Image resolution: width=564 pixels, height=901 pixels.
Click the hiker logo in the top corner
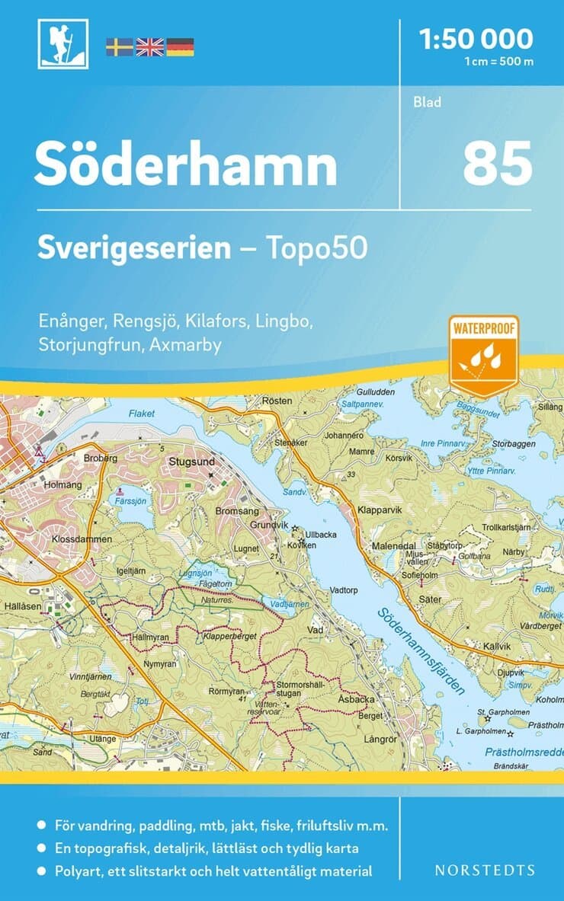coord(62,43)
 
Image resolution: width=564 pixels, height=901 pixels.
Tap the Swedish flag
coord(119,47)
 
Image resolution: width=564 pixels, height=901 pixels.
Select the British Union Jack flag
coord(149,47)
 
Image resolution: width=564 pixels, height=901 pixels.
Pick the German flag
coord(180,47)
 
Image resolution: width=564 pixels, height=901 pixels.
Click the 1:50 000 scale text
coord(476,37)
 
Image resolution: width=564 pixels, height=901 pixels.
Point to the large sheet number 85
coord(497,164)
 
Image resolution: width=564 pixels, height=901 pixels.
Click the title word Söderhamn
coord(185,165)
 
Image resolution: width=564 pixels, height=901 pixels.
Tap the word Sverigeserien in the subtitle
coord(134,248)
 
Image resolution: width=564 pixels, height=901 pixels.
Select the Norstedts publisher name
coord(484,870)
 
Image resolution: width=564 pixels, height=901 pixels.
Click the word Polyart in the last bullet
coord(79,871)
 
